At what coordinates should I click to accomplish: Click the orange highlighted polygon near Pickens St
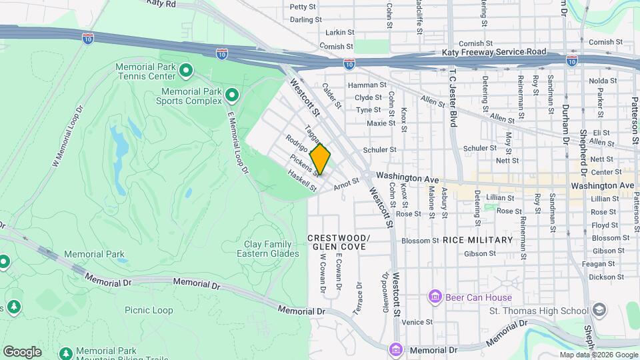(320, 159)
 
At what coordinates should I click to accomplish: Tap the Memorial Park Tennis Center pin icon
(186, 69)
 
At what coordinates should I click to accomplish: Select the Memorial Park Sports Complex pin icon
(231, 96)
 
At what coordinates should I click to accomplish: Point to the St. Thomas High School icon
(598, 310)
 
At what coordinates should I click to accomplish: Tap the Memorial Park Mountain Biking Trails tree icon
(66, 352)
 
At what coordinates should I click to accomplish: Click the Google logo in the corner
(22, 352)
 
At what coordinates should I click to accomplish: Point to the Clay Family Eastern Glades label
(264, 249)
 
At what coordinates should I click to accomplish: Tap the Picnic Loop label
(148, 310)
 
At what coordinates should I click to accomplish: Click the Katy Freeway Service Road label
(494, 52)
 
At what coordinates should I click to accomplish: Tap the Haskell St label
(301, 181)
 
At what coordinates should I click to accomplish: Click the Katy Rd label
(161, 4)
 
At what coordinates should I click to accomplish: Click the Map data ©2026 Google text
(598, 355)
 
